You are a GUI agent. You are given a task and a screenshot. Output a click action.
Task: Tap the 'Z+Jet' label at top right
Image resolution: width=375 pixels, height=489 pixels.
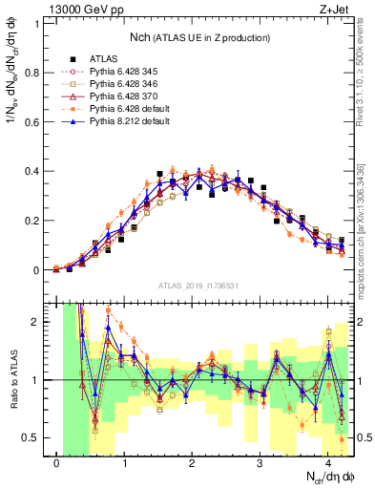[x=328, y=9]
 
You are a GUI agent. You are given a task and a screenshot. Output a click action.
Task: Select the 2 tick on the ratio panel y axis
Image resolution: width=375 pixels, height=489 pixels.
[x=39, y=322]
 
